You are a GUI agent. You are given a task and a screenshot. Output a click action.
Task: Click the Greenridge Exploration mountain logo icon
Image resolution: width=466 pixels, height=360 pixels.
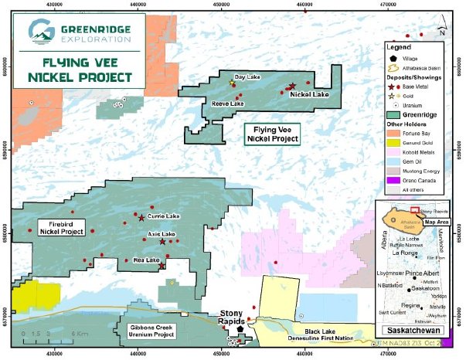click(38, 32)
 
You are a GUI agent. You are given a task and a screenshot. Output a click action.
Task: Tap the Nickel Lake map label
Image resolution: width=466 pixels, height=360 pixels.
click(309, 94)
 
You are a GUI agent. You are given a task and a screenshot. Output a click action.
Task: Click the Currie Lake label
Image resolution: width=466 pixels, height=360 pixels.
click(162, 216)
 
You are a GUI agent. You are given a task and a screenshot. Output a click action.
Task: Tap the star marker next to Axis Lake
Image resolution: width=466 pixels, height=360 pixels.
click(162, 242)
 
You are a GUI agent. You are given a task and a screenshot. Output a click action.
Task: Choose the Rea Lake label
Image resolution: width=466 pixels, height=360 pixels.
click(146, 260)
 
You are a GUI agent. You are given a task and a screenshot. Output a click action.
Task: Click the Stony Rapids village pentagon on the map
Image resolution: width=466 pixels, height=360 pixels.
click(240, 328)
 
